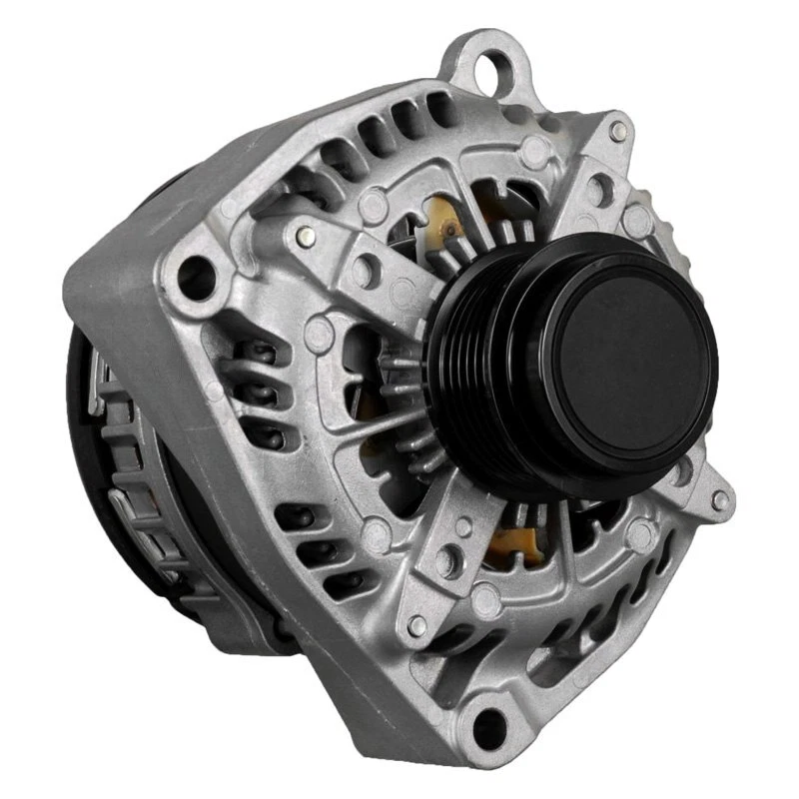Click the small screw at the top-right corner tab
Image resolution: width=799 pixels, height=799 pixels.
[619, 130]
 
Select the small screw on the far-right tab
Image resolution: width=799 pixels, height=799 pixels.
[719, 499]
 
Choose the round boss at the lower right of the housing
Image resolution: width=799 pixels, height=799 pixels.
[639, 534]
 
